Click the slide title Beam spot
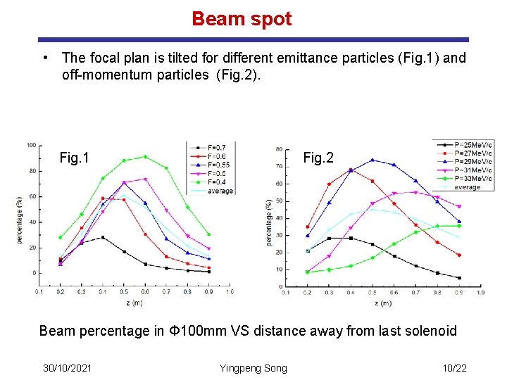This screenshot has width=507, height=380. pos(242,19)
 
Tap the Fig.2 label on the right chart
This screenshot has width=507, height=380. pos(318,158)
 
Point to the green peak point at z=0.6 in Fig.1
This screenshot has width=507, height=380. pos(145,157)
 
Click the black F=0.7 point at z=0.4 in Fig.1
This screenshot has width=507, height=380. pos(102,237)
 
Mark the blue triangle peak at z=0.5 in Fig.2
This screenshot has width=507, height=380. pos(373,160)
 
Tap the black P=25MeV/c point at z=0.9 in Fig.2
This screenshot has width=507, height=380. pos(459,278)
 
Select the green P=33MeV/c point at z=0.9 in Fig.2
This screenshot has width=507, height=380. pos(459,226)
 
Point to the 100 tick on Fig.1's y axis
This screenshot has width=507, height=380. pos(32,145)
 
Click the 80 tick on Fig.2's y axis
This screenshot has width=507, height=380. pos(280,149)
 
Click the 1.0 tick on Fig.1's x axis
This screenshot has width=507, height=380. pos(230,291)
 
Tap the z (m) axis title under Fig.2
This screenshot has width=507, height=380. pos(384,303)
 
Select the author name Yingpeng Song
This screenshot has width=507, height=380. pos(253,368)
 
